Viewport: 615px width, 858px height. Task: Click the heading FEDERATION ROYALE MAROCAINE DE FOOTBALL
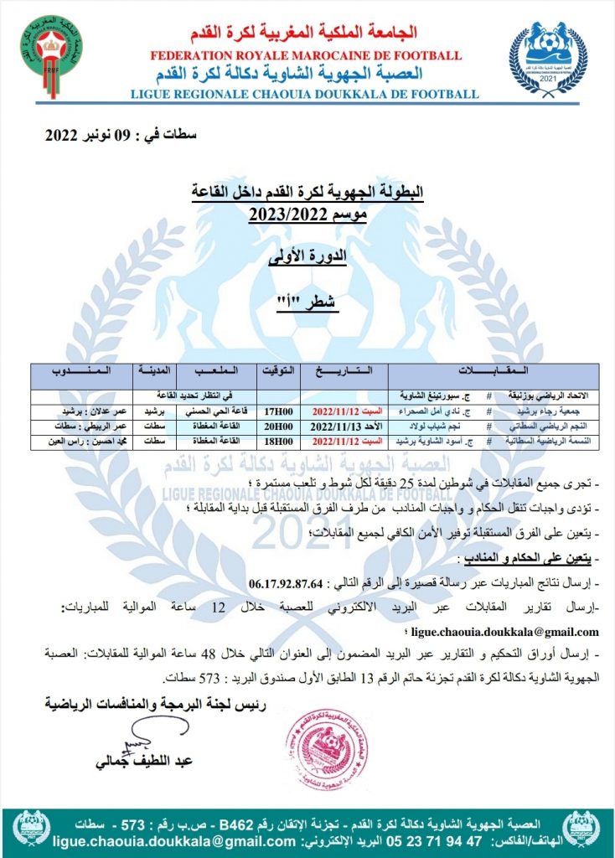[306, 56]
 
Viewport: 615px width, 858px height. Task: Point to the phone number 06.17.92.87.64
[289, 583]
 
